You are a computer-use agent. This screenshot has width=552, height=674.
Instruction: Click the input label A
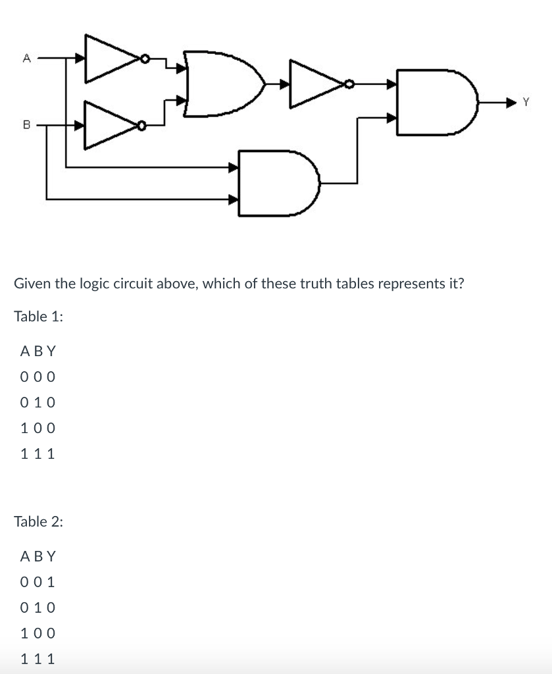pos(26,58)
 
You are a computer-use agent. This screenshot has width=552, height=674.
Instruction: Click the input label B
pos(26,123)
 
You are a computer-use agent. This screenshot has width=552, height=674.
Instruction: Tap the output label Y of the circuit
pos(526,102)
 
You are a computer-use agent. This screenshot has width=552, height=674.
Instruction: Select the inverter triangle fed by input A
pos(111,59)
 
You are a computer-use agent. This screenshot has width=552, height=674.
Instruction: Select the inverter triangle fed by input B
pos(111,123)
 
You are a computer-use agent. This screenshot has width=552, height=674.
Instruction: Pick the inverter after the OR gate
pos(316,84)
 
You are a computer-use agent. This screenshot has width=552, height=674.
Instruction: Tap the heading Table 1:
pos(39,317)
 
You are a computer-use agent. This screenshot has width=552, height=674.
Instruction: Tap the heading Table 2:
pos(39,522)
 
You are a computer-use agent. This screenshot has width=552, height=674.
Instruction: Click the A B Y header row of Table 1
pos(38,351)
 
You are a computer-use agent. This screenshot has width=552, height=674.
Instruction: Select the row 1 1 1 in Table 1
pos(38,454)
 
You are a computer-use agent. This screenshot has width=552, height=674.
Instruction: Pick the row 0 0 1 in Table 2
pos(38,583)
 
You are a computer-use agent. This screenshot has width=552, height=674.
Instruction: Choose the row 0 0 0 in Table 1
pos(38,377)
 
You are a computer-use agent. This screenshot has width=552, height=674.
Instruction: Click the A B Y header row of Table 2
pos(38,557)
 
